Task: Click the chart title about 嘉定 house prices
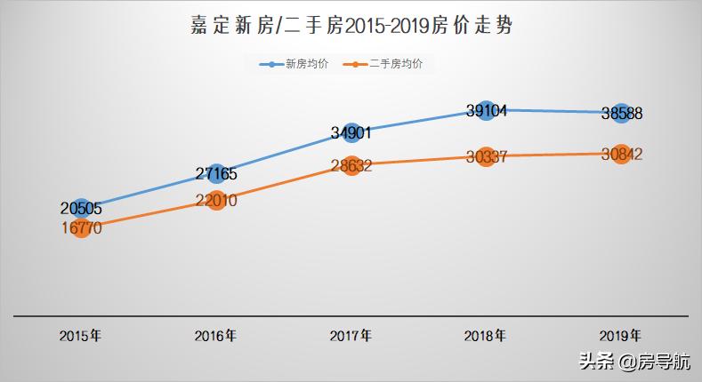coord(351,25)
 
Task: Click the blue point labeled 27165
coord(216,173)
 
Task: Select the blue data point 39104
coord(486,110)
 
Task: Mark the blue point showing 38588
coord(621,113)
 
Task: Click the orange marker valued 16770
coord(81,228)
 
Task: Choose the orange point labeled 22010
coord(216,201)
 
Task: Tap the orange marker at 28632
coord(351,165)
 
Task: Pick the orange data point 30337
coord(486,157)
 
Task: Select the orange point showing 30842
coord(621,154)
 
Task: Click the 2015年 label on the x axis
coord(81,337)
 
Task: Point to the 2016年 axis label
coord(216,337)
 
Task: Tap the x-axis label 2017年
coord(351,337)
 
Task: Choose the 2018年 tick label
coord(486,337)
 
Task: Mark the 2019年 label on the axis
coord(621,337)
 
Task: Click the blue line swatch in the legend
coord(270,65)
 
